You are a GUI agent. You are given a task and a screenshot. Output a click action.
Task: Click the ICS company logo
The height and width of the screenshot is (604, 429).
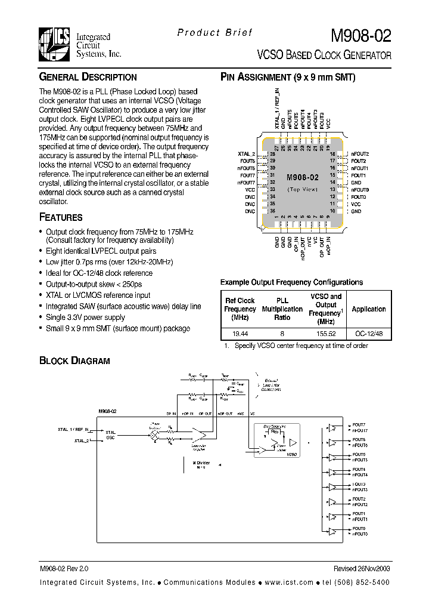click(55, 44)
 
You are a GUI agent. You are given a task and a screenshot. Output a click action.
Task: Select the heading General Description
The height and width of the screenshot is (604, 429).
click(88, 77)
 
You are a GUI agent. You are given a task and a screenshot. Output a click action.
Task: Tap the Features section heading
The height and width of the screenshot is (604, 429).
click(61, 217)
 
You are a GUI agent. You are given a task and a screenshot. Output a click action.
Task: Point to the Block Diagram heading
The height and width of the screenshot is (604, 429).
click(74, 360)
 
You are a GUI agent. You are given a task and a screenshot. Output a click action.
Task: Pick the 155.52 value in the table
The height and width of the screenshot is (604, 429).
click(326, 334)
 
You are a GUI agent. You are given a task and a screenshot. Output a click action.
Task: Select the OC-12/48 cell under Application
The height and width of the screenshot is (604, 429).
click(368, 334)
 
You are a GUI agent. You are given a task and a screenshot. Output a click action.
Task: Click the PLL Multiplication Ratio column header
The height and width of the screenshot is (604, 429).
click(282, 309)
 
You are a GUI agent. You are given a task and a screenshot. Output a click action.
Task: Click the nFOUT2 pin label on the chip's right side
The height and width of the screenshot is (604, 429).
click(360, 154)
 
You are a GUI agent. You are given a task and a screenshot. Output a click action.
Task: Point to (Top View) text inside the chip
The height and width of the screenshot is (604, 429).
click(303, 189)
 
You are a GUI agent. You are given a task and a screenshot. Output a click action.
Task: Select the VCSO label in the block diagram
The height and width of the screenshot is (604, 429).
click(291, 454)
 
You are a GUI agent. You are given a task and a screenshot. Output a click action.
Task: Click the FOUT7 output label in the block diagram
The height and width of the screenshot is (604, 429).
click(359, 424)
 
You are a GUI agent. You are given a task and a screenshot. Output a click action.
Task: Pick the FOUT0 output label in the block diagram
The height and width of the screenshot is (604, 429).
click(359, 529)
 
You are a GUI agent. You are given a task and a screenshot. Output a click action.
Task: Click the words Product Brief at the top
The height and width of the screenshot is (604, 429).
click(214, 33)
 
